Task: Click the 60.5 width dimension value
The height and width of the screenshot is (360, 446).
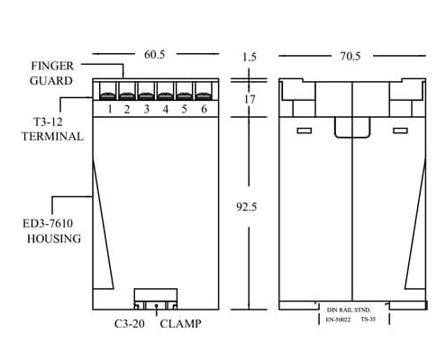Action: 154,55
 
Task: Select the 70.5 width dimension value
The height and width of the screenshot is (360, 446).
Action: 350,56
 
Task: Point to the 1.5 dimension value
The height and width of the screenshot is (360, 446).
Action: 250,57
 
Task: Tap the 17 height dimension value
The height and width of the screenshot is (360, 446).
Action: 250,99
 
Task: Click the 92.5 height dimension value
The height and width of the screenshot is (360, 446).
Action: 247,207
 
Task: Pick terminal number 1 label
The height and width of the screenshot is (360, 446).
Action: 110,109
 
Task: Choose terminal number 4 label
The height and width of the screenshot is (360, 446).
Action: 166,109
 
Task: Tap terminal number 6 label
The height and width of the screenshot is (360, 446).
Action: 205,109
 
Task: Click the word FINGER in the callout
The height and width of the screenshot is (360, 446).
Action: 52,66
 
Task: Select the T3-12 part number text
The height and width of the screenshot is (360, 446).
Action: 48,122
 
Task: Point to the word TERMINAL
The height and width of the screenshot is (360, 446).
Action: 52,137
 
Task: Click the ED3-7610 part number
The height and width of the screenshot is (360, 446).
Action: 48,223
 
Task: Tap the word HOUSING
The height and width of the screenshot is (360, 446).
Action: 54,238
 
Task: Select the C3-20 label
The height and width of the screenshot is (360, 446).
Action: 130,324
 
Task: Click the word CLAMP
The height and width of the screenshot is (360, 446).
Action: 180,324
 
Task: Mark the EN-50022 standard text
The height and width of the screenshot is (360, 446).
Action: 338,319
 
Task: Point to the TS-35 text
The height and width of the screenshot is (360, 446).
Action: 369,319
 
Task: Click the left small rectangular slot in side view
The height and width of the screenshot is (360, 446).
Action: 305,130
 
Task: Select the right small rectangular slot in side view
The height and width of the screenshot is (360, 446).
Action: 401,130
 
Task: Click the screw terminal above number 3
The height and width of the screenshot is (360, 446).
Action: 146,91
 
